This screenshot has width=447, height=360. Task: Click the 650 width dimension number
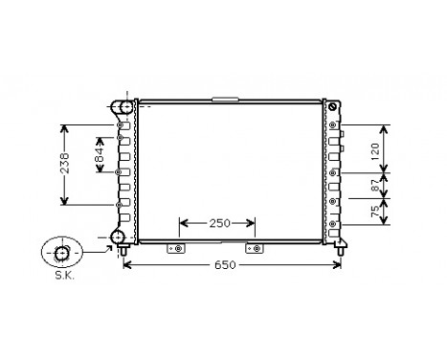[x=227, y=263]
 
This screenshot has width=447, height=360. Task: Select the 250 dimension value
[x=219, y=223]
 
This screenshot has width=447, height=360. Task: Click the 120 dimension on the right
[x=377, y=148]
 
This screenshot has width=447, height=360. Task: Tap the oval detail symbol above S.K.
[x=60, y=254]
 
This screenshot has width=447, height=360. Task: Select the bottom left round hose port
[x=119, y=236]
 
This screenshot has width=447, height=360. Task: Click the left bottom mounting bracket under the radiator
[x=176, y=249]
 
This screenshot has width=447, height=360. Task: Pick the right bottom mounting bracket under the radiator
[x=255, y=249]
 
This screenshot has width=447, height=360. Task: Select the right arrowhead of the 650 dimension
[x=339, y=263]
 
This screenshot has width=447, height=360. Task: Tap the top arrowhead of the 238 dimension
[x=64, y=127]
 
